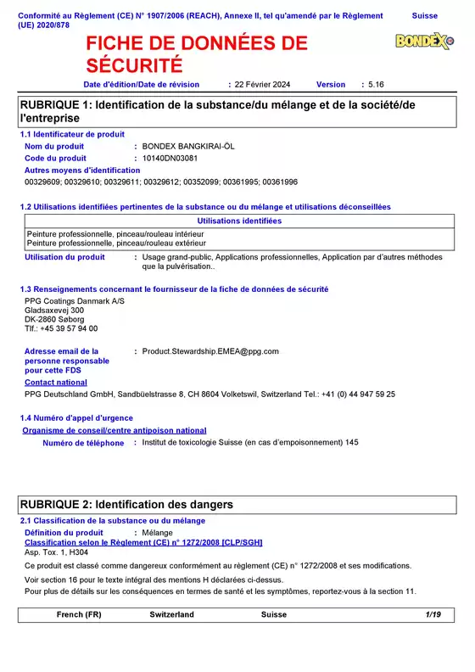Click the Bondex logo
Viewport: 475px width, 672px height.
(424, 41)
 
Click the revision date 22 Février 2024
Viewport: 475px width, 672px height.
(262, 85)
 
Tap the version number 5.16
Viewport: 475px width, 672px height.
(375, 85)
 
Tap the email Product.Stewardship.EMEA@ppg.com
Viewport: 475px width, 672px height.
(210, 350)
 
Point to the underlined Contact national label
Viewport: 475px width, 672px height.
(56, 383)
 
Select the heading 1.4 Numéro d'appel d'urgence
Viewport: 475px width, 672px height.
(76, 417)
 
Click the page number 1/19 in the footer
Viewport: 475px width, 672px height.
(433, 614)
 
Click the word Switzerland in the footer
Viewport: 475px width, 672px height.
(172, 614)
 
